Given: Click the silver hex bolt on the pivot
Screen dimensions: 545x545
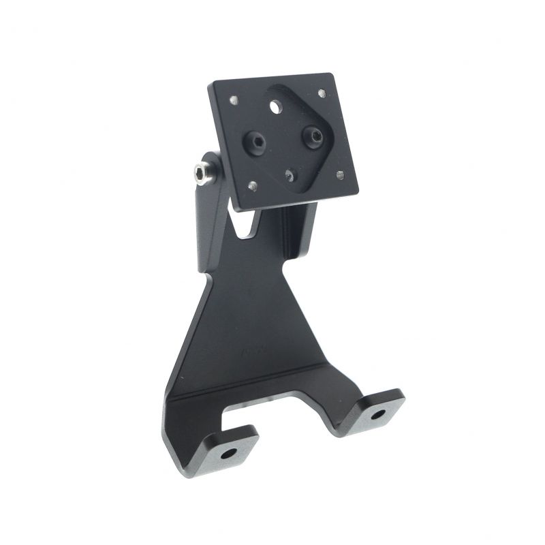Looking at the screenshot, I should (x=201, y=176).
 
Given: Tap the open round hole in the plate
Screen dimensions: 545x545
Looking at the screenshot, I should (x=275, y=107).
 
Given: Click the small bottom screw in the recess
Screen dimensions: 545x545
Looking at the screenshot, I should (x=291, y=176).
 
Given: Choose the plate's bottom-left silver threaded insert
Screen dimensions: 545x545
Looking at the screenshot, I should (x=253, y=185).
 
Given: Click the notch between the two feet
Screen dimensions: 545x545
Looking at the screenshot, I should (x=293, y=416).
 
